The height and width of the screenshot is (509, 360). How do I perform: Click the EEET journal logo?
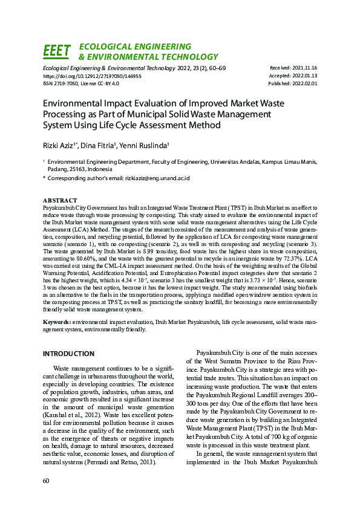57,51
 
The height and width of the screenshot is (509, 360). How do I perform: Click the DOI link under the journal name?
92,77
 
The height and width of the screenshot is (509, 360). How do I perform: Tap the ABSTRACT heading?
60,200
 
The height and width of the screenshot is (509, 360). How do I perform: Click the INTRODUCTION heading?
68,353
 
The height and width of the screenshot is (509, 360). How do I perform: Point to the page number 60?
46,480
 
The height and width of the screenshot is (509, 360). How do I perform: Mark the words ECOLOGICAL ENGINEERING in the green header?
135,47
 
